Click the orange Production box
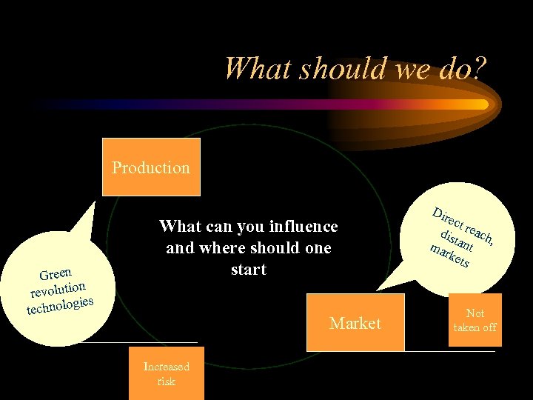(x=151, y=167)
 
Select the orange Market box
(x=355, y=323)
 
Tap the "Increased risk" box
(x=167, y=374)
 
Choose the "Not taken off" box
(x=475, y=320)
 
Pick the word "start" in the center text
(x=248, y=269)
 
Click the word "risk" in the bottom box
(x=166, y=381)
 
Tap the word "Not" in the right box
(x=475, y=313)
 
